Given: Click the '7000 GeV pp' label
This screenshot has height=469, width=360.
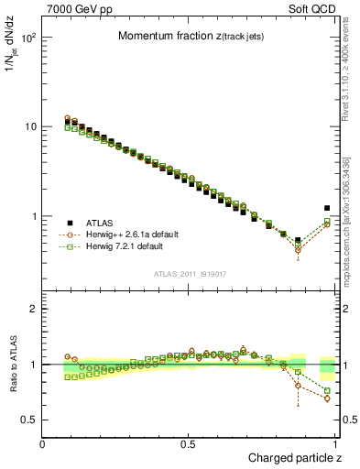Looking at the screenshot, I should [78, 7].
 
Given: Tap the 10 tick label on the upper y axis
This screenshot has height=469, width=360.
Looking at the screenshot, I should [31, 126].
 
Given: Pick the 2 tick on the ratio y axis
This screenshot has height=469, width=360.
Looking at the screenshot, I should [34, 309].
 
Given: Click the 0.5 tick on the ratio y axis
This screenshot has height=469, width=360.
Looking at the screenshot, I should [29, 420].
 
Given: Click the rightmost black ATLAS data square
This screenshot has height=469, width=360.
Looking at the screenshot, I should [327, 208].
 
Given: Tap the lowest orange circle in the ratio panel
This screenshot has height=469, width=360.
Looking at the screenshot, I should [327, 398].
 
